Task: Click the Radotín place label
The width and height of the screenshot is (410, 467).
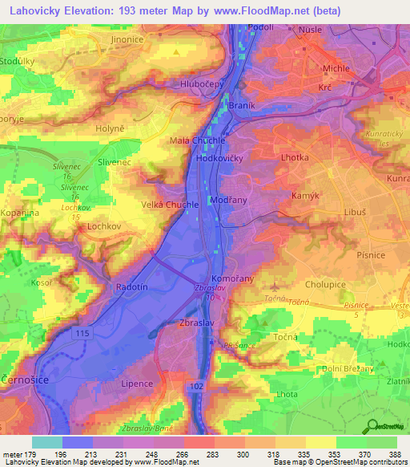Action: (x=124, y=286)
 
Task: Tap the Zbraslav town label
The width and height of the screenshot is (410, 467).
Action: (x=194, y=324)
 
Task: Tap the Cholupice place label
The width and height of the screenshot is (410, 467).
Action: (x=328, y=284)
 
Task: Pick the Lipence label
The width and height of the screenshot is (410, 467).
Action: (x=136, y=384)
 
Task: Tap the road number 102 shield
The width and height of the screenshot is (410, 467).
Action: (x=197, y=387)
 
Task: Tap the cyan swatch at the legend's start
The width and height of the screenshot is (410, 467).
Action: (x=47, y=442)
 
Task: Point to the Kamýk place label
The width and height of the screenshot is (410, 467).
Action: (x=305, y=196)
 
